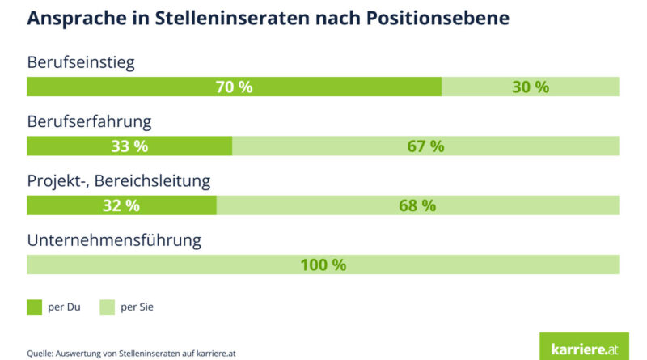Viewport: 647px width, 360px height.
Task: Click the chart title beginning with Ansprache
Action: point(267,18)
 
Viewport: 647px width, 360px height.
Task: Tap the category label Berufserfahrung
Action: point(89,122)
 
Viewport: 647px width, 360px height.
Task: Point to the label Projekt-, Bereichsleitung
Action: point(119,181)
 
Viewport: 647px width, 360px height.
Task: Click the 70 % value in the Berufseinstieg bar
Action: point(234,87)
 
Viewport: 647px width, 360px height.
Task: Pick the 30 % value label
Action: point(530,87)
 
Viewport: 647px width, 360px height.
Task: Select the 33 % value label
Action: point(129,146)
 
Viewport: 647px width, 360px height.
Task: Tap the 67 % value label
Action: point(425,146)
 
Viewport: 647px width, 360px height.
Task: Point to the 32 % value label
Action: point(121,205)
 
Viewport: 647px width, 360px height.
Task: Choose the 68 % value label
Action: point(417,205)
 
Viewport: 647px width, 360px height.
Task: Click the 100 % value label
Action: point(323,265)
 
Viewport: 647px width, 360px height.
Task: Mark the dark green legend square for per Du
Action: point(34,307)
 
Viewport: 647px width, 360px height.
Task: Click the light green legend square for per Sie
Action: point(106,307)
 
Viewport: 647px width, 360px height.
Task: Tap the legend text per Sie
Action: point(137,307)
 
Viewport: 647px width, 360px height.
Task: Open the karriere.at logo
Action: point(583,346)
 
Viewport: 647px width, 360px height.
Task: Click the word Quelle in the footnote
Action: point(40,353)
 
